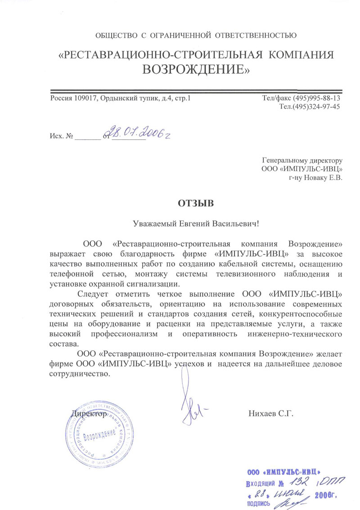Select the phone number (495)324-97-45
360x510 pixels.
pyautogui.click(x=316, y=107)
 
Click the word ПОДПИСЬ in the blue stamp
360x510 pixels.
pyautogui.click(x=258, y=504)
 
